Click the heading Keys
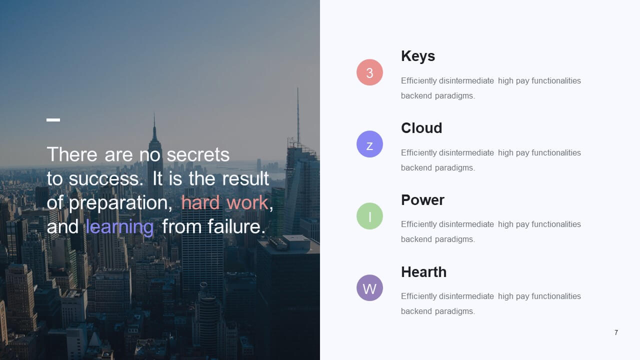click(418, 56)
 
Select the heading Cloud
click(421, 128)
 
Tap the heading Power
click(422, 200)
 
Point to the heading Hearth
click(423, 272)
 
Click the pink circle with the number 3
click(369, 72)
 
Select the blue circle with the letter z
click(369, 144)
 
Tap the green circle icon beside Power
click(369, 216)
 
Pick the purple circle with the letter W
click(369, 288)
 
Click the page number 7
click(616, 332)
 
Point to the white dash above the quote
click(53, 120)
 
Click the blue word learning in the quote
click(119, 227)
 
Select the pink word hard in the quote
click(200, 202)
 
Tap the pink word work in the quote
click(247, 202)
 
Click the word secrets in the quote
click(198, 155)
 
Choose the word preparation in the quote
click(120, 203)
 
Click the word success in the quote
click(105, 179)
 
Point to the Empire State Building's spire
click(154, 125)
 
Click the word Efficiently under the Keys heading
click(418, 81)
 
